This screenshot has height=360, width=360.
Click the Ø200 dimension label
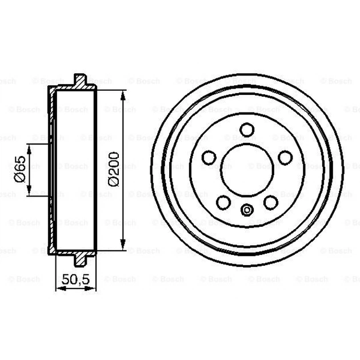pyautogui.click(x=114, y=169)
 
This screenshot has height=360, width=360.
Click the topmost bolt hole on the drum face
pyautogui.click(x=247, y=129)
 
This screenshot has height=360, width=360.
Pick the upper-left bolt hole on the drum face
pyautogui.click(x=209, y=157)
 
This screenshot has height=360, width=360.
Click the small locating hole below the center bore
pyautogui.click(x=247, y=209)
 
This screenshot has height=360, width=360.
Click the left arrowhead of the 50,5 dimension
pyautogui.click(x=58, y=289)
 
